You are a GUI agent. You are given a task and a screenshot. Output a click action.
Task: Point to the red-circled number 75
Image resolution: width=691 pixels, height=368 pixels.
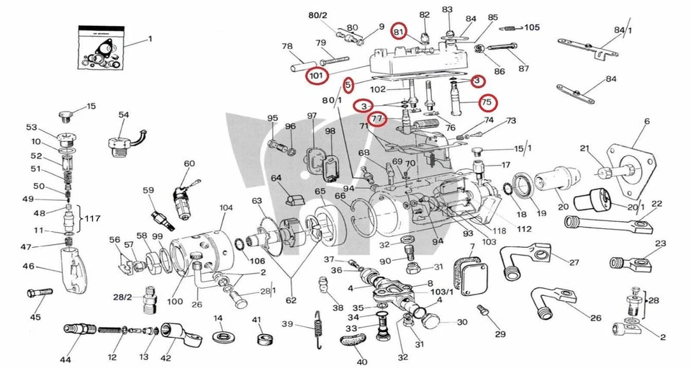[487, 102]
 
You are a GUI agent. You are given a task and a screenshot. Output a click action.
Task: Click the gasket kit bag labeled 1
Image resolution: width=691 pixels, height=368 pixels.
[101, 50]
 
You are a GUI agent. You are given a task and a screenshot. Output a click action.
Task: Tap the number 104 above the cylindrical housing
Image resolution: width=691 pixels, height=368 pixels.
[226, 208]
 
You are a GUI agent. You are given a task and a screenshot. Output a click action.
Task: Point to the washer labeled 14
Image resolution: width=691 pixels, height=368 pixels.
[222, 336]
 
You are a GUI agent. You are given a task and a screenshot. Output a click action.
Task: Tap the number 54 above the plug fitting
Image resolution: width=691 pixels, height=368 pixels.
[123, 115]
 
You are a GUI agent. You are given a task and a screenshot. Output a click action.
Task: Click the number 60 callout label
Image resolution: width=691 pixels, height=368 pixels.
[189, 163]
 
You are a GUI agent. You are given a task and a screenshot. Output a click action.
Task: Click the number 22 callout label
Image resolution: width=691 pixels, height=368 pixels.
[656, 203]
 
